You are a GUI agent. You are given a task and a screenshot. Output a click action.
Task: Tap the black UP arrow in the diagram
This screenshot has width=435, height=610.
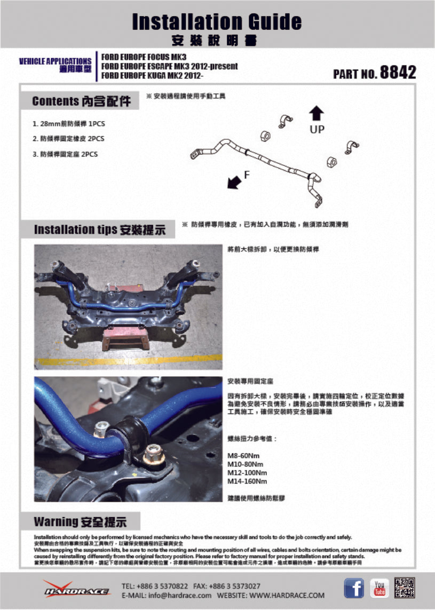[317, 113]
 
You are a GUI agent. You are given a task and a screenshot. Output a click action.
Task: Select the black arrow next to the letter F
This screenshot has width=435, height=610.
[234, 182]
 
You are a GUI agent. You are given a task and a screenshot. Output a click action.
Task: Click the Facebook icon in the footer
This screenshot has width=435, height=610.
[354, 588]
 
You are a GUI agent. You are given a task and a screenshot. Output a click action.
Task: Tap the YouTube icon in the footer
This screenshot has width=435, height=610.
[379, 588]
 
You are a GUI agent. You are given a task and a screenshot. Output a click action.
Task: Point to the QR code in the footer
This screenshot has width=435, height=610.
[405, 588]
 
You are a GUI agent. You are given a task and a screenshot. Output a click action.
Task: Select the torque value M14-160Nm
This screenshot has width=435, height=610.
[247, 481]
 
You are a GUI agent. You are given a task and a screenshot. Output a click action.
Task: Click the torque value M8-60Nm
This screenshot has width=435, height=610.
[244, 456]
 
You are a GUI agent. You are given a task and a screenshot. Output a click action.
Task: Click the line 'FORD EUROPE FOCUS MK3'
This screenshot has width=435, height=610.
[144, 57]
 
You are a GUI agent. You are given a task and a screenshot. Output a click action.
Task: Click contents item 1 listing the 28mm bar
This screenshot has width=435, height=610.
[69, 123]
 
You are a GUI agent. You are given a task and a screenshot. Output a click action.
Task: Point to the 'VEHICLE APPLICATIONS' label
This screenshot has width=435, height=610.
[55, 61]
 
